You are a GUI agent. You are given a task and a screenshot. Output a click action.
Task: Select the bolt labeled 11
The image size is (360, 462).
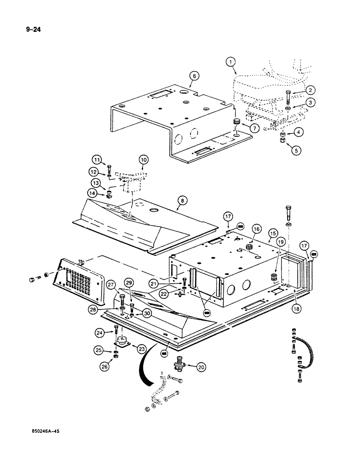pyautogui.click(x=109, y=168)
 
